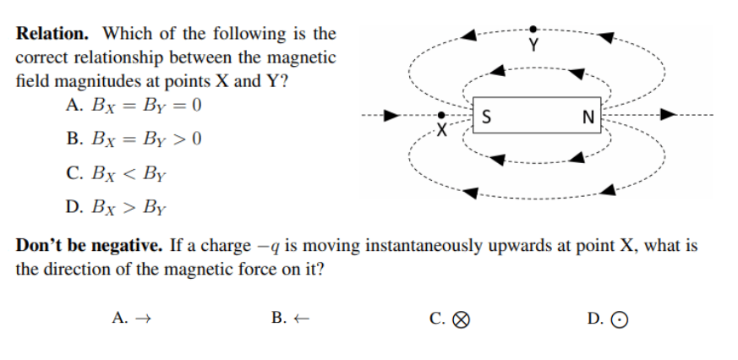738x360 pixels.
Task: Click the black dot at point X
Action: (x=440, y=114)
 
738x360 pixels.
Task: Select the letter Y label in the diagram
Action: (x=533, y=44)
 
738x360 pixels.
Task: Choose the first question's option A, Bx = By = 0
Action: (x=133, y=107)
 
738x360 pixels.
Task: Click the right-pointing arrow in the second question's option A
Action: (x=143, y=319)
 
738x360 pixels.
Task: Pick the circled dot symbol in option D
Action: (x=620, y=319)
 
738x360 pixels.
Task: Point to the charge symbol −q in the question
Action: (x=265, y=247)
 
